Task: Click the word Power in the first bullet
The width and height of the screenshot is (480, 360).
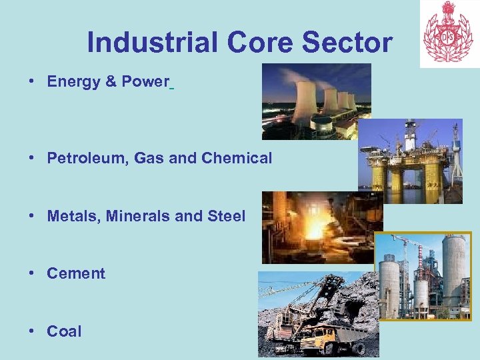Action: tap(145, 82)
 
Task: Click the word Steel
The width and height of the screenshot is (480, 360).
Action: tap(227, 216)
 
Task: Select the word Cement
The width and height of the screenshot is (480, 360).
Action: tap(76, 273)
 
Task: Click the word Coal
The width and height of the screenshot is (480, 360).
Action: tap(64, 331)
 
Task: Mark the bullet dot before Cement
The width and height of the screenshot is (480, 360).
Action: tap(31, 273)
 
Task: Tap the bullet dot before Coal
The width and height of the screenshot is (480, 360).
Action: tap(31, 331)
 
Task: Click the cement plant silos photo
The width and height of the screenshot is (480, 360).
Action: tap(423, 277)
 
